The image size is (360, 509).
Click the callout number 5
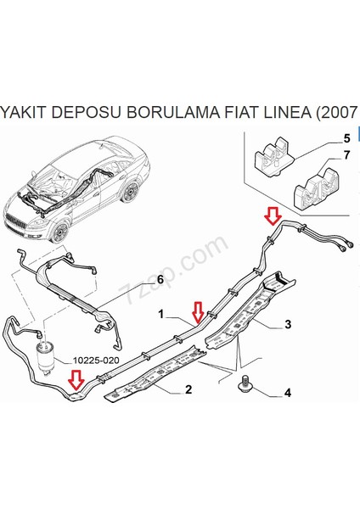(346, 138)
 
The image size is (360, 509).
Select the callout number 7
(346, 155)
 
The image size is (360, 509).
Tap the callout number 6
(160, 279)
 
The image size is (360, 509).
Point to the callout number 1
(161, 314)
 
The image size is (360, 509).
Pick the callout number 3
(288, 324)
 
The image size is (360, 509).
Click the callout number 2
(188, 389)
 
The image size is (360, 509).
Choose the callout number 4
(288, 393)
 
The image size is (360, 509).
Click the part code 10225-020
(96, 361)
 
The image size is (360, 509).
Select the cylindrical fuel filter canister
(46, 356)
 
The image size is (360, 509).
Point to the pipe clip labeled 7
(316, 187)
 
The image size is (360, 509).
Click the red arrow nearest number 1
(198, 312)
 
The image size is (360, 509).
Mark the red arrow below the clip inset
(273, 216)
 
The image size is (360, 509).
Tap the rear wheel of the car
(131, 192)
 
